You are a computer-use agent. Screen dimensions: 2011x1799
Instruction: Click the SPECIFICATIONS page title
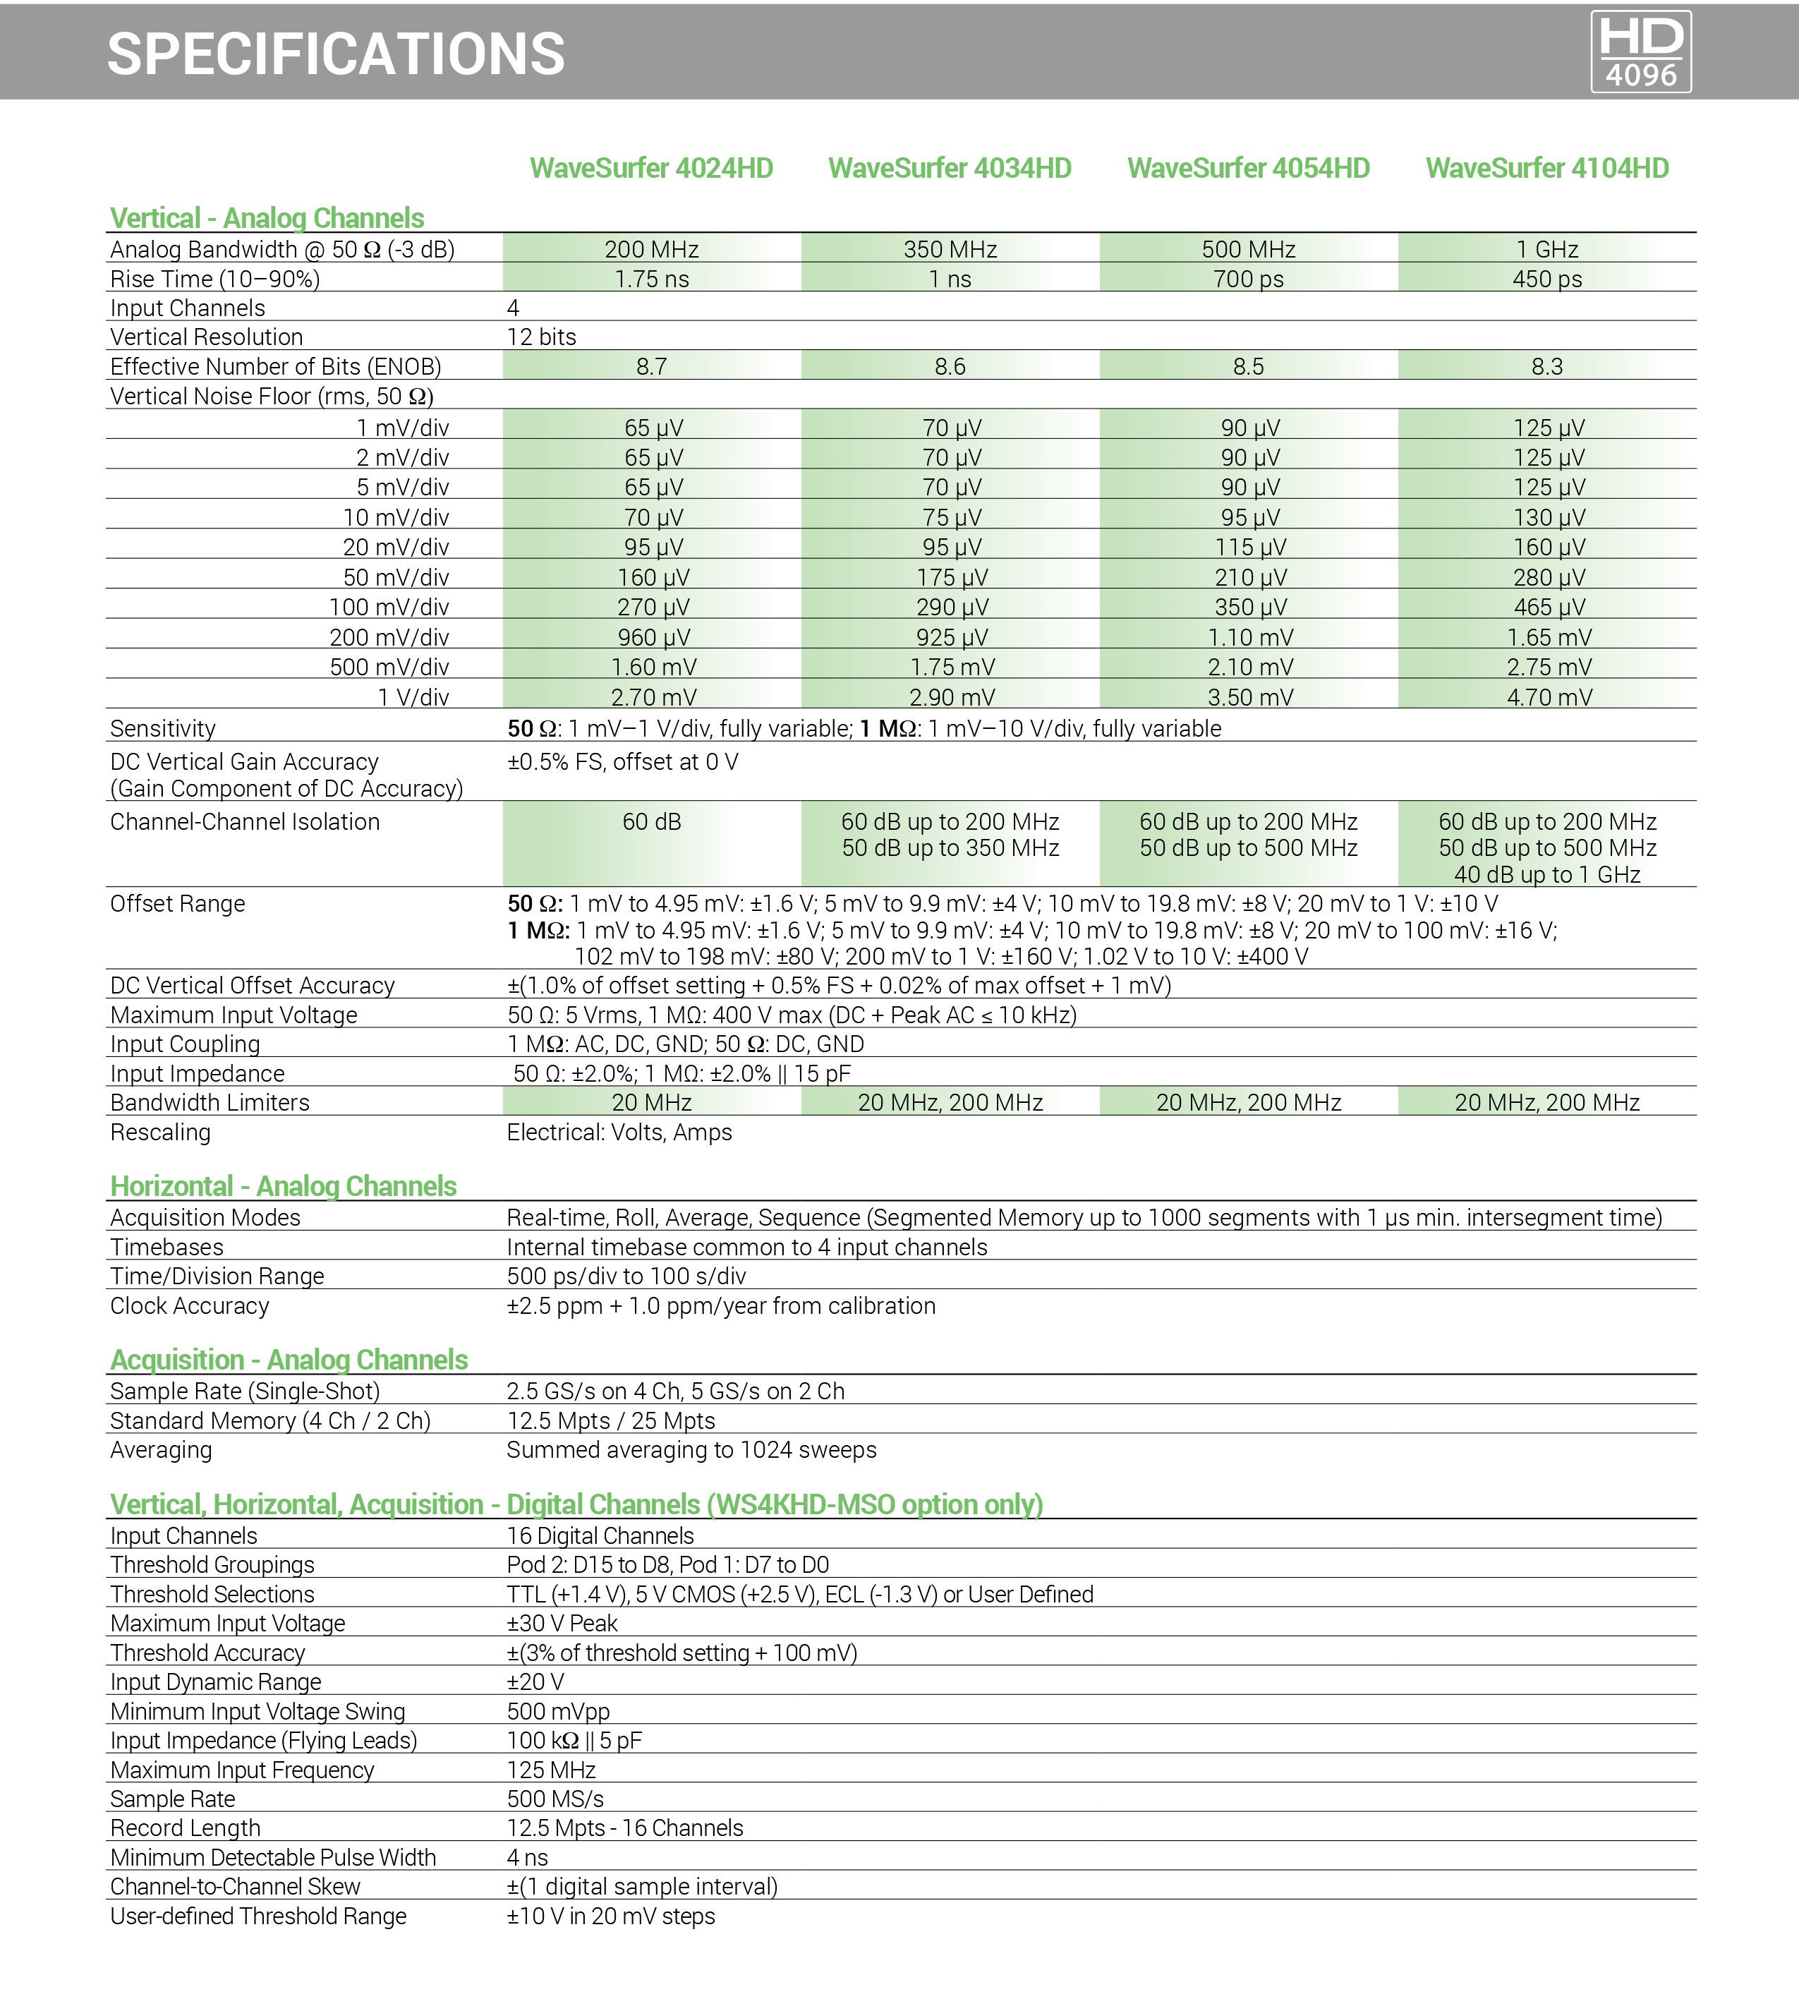[336, 54]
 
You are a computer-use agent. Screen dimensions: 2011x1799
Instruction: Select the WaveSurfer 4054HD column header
[1249, 168]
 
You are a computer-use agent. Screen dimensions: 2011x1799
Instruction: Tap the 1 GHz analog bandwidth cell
[1547, 249]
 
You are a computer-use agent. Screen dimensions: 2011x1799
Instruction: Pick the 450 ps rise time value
[1547, 279]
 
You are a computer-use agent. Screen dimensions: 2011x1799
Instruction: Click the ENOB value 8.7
[651, 367]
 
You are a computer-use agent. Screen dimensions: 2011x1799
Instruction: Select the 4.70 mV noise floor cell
[1549, 697]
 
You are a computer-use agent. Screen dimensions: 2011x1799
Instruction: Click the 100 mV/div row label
[389, 607]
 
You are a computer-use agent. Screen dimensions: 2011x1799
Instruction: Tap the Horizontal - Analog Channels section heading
[283, 1185]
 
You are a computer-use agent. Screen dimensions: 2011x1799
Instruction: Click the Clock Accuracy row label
[190, 1306]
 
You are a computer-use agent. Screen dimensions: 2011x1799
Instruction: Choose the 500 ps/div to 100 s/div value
[626, 1276]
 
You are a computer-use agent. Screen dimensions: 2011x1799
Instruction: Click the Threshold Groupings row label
[212, 1565]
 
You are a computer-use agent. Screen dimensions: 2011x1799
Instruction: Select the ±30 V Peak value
[562, 1624]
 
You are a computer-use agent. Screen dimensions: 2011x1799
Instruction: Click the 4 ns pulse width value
[527, 1858]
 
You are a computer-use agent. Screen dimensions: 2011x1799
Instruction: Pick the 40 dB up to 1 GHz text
[1547, 874]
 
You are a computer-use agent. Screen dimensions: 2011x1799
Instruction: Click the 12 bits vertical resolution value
[542, 337]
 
